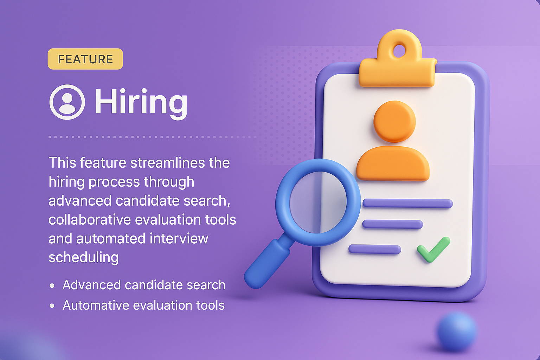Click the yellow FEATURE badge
pyautogui.click(x=85, y=59)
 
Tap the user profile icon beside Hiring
pyautogui.click(x=67, y=102)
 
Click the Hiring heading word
pyautogui.click(x=141, y=102)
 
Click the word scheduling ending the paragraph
pyautogui.click(x=84, y=257)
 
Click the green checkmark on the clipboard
pyautogui.click(x=433, y=250)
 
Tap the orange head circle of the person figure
pyautogui.click(x=394, y=122)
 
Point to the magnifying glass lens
pyautogui.click(x=318, y=202)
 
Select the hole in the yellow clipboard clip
pyautogui.click(x=399, y=50)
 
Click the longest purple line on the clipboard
pyautogui.click(x=407, y=203)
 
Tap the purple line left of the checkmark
pyautogui.click(x=375, y=249)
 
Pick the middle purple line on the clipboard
pyautogui.click(x=392, y=224)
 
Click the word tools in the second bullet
pyautogui.click(x=210, y=305)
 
